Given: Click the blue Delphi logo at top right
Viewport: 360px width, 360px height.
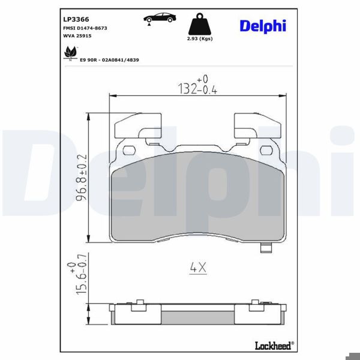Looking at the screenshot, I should tap(263, 26).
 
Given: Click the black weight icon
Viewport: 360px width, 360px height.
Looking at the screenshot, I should tap(200, 26).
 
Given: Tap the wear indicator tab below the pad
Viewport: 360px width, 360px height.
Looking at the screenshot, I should tap(265, 248).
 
